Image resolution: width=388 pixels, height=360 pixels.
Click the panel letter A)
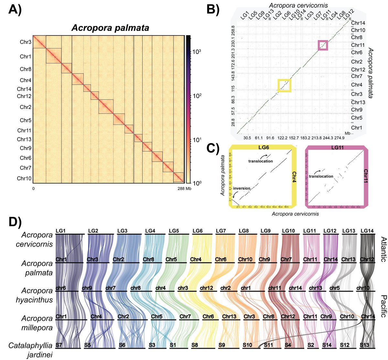pos(15,12)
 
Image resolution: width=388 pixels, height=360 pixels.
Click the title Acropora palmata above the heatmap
pos(110,28)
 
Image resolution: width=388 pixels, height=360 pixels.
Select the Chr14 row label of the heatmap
pos(24,89)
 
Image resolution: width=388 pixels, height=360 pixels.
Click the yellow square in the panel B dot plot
pos(285,85)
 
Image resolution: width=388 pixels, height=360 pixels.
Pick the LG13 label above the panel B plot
pos(267,15)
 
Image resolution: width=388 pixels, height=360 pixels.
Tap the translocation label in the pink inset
pos(321,176)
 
